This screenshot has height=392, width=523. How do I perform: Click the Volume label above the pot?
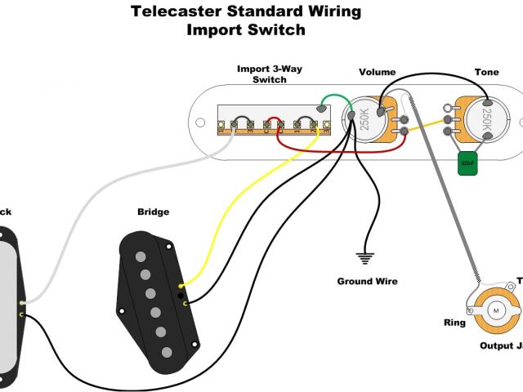[377, 73]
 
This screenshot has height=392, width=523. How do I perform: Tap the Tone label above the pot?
[486, 73]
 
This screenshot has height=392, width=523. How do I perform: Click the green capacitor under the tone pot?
[467, 163]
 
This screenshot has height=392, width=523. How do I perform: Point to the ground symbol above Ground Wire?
[365, 258]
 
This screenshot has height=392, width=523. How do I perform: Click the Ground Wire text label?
[368, 281]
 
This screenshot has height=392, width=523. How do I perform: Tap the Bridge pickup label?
[153, 212]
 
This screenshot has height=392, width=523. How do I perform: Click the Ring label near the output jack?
[455, 323]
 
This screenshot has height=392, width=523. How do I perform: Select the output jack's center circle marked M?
[496, 310]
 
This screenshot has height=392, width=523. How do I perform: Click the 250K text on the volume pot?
[364, 119]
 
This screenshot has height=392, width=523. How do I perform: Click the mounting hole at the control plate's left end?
[198, 122]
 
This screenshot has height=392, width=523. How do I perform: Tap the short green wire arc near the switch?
[327, 101]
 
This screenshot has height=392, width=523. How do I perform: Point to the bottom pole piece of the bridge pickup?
[167, 352]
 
